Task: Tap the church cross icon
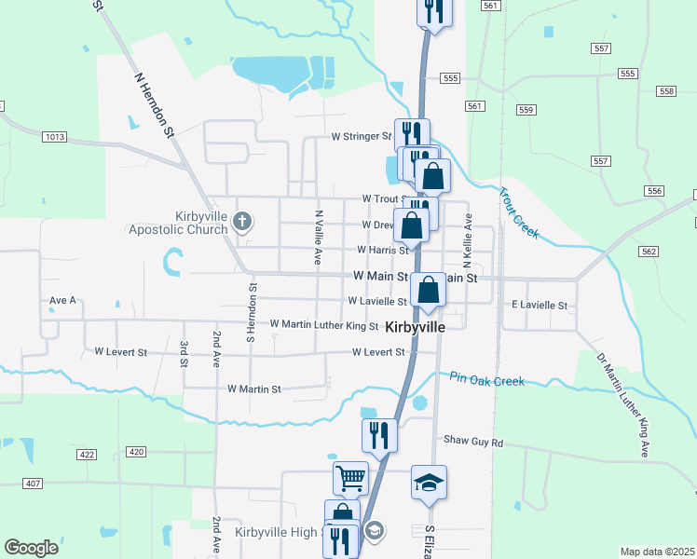(242, 222)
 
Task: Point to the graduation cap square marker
(429, 483)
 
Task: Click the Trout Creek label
(519, 213)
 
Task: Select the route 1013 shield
(55, 137)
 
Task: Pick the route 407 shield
(34, 483)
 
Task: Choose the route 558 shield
(665, 91)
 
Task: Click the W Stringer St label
(362, 136)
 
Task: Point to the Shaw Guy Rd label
(472, 441)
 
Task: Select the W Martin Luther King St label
(323, 325)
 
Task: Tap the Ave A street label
(62, 301)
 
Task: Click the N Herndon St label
(155, 106)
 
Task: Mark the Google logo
(31, 548)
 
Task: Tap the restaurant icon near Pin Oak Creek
(378, 434)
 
